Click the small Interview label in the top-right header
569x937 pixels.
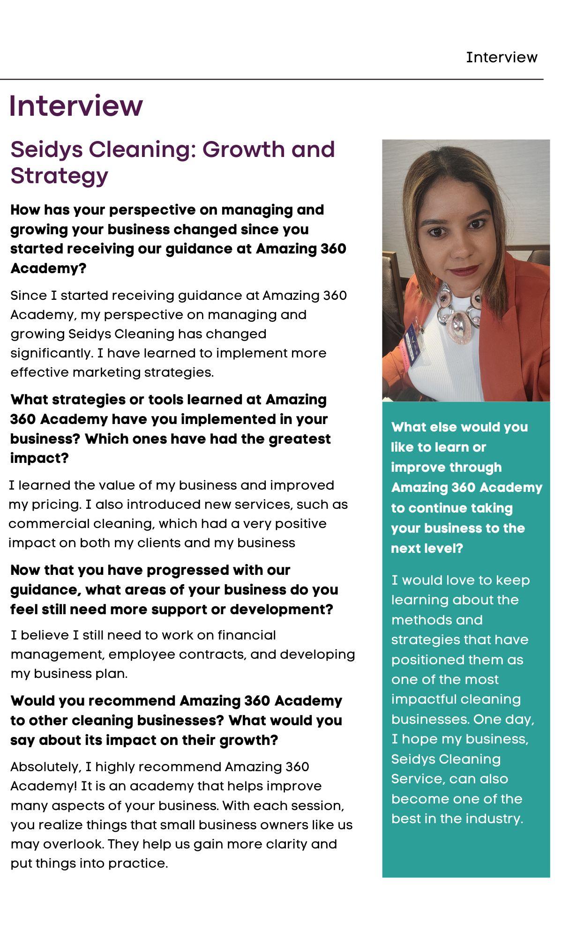tap(502, 57)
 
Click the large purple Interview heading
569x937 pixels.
tap(76, 106)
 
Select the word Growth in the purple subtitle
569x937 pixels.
tap(244, 149)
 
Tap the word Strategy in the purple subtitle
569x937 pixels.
tap(59, 176)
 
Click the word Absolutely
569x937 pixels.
tap(45, 767)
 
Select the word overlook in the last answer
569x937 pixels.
tap(73, 844)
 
